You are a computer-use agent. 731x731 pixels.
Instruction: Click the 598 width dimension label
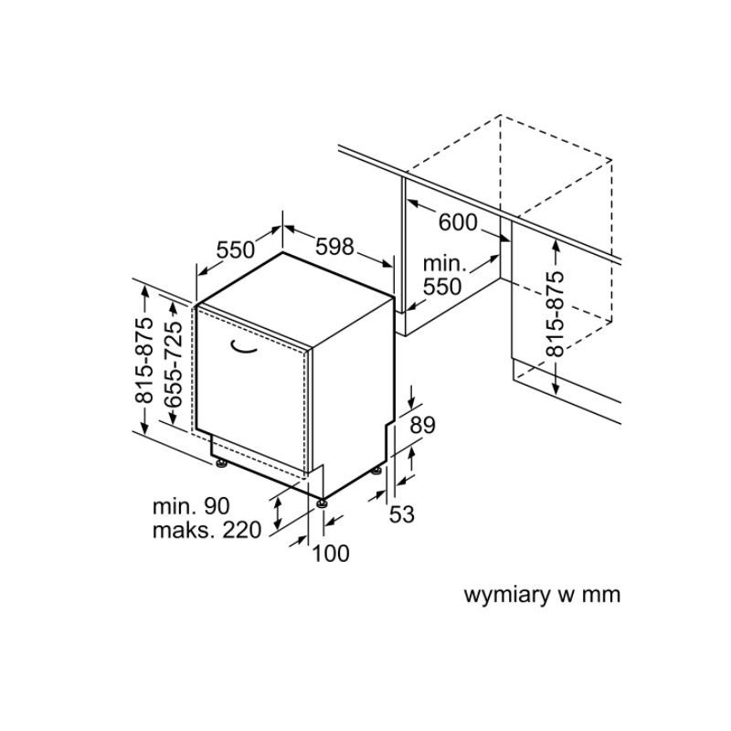point(334,246)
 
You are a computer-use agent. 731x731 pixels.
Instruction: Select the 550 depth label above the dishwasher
point(236,249)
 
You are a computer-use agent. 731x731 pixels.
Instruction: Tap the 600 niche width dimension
point(458,222)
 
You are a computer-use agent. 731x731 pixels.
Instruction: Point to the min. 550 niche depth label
point(444,275)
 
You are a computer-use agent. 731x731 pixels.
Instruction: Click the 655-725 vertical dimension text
point(173,365)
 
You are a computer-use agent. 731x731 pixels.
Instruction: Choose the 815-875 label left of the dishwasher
point(143,360)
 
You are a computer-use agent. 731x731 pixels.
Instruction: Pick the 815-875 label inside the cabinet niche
point(555,313)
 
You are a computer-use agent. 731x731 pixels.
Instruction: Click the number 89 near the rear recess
point(422,425)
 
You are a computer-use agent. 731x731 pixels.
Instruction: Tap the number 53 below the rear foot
point(401,514)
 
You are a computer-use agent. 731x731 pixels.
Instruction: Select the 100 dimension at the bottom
point(331,554)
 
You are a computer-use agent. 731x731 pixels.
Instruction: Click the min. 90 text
point(191,506)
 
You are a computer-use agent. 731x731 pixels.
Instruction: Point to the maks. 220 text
point(207,530)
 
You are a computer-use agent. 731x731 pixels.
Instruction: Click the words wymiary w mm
point(542,596)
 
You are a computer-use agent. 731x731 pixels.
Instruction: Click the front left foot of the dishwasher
point(221,463)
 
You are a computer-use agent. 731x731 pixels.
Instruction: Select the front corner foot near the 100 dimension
point(322,503)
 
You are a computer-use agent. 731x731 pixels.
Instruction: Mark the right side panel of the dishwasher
point(353,397)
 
